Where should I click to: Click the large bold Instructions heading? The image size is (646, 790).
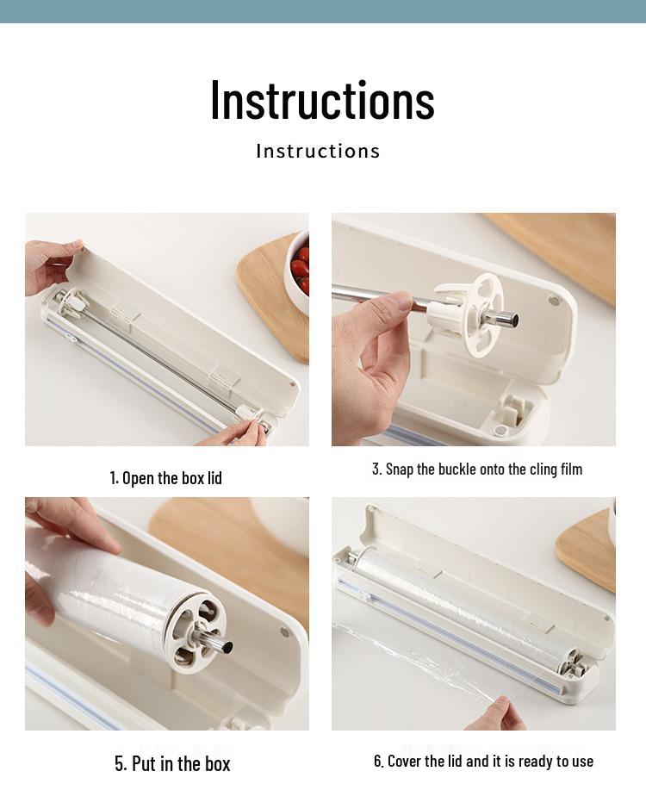pyautogui.click(x=322, y=99)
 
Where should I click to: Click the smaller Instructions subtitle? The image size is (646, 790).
pyautogui.click(x=318, y=151)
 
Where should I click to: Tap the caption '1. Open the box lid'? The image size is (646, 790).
pyautogui.click(x=165, y=477)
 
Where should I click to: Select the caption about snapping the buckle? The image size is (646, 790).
pyautogui.click(x=476, y=469)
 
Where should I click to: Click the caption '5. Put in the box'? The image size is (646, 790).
pyautogui.click(x=172, y=763)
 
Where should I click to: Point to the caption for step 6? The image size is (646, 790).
pyautogui.click(x=483, y=761)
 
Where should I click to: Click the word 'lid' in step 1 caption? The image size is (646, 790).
pyautogui.click(x=212, y=477)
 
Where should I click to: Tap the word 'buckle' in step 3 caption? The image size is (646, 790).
pyautogui.click(x=458, y=469)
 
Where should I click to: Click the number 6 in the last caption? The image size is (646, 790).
pyautogui.click(x=377, y=761)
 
